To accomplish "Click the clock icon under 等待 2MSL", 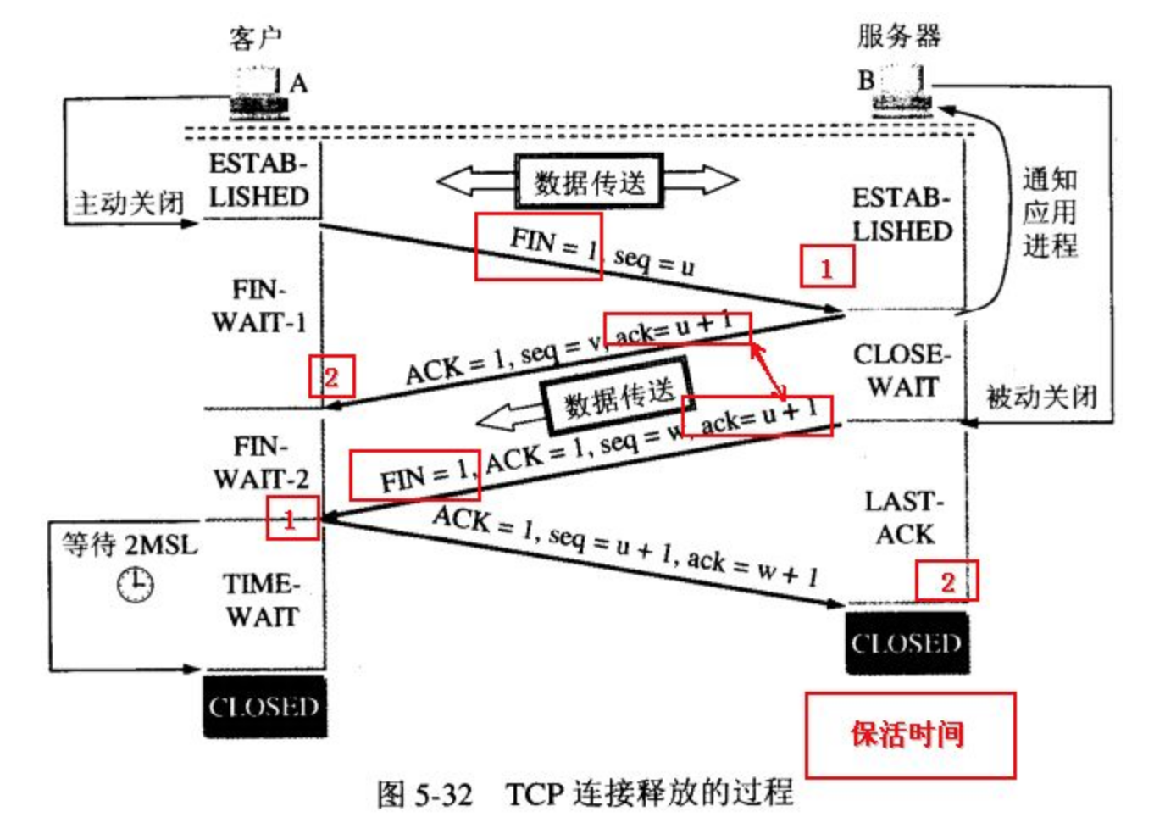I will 136,585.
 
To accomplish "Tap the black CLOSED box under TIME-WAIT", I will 264,706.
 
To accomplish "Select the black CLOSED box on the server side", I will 907,643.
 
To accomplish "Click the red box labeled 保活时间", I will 909,735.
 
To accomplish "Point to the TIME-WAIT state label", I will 262,600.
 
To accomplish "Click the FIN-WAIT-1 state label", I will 258,306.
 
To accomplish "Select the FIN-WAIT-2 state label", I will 261,462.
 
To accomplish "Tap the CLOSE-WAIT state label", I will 902,370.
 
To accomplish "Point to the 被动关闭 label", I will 1041,396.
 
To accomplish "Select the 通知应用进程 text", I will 1050,212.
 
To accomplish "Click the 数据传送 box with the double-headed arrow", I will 589,181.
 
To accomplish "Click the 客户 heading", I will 256,37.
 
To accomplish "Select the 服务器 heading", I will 899,36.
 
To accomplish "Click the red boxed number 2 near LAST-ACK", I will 946,581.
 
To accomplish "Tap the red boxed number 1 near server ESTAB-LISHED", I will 826,268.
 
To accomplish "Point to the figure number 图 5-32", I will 424,794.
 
